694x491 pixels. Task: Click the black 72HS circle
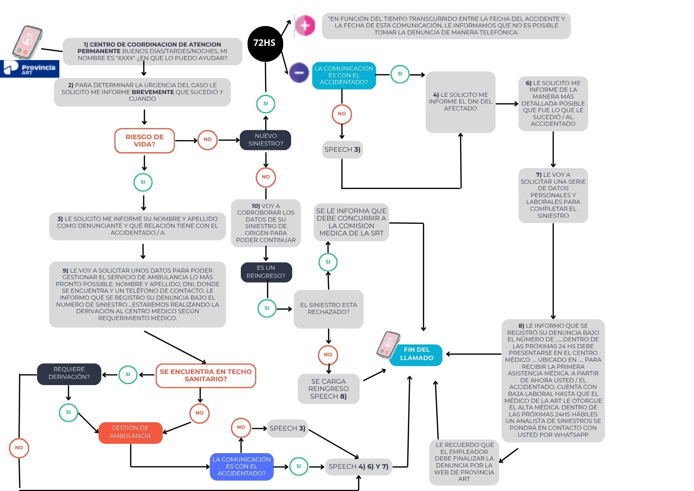point(265,44)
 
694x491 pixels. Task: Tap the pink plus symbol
point(305,25)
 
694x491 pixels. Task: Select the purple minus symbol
point(299,73)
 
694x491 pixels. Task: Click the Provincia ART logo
point(29,68)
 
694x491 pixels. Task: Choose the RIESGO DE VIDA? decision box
point(144,141)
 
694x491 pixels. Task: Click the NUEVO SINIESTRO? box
point(265,140)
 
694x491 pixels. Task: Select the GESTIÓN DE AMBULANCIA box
point(130,433)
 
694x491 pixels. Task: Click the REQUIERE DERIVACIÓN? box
point(69,374)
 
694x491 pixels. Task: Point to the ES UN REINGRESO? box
point(266,272)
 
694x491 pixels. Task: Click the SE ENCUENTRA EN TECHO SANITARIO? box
point(206,375)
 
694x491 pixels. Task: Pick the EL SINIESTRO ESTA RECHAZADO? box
point(328,309)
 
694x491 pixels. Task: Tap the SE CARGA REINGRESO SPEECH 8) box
point(328,389)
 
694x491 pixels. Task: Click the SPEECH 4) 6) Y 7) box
point(358,467)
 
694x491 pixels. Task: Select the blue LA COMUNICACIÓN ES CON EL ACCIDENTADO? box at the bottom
point(242,467)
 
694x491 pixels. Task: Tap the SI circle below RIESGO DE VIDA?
point(143,182)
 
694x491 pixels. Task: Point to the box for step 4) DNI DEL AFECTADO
point(460,102)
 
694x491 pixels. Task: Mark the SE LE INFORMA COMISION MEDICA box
point(351,222)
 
